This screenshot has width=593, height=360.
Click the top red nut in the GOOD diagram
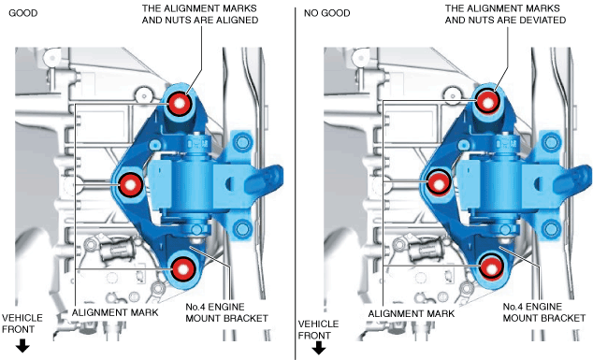click(179, 103)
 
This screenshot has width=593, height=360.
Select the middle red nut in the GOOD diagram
click(130, 185)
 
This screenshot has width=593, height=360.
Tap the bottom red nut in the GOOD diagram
click(183, 269)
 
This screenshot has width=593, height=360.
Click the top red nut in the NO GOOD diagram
click(488, 102)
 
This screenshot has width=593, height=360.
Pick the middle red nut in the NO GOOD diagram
click(439, 184)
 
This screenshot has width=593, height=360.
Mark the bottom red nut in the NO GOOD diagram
click(492, 268)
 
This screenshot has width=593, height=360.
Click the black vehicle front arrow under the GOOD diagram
click(22, 346)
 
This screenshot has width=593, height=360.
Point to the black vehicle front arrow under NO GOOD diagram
click(318, 348)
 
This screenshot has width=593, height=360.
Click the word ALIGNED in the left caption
click(235, 20)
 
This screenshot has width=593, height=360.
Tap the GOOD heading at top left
click(23, 13)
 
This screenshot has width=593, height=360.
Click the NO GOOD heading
click(327, 13)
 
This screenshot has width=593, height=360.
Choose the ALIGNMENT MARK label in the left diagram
click(115, 312)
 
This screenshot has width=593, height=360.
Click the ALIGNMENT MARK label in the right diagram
click(412, 313)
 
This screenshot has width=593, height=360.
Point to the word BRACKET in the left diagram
click(247, 319)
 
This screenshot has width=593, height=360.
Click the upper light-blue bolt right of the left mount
click(241, 143)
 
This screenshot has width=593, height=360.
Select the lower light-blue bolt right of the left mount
click(241, 229)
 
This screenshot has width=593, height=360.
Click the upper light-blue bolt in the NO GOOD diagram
click(551, 142)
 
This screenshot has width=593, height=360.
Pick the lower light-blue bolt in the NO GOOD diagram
click(551, 228)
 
